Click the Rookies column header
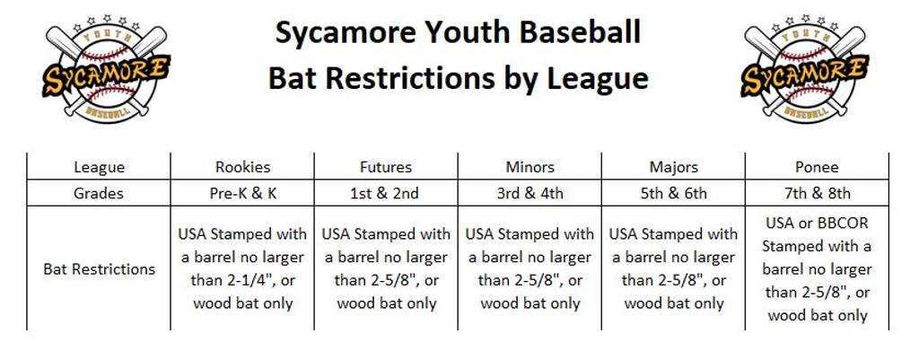pyautogui.click(x=242, y=167)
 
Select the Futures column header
pyautogui.click(x=386, y=167)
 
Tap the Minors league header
pyautogui.click(x=530, y=167)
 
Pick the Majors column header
pyautogui.click(x=673, y=167)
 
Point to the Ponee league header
pyautogui.click(x=817, y=167)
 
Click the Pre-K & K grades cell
pyautogui.click(x=242, y=193)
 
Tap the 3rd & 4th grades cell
pyautogui.click(x=530, y=193)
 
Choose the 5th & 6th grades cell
pyautogui.click(x=673, y=193)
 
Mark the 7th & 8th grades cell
pyautogui.click(x=817, y=193)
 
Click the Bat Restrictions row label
pyautogui.click(x=99, y=269)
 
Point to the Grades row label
pyautogui.click(x=99, y=193)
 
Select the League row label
pyautogui.click(x=99, y=168)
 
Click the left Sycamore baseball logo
pyautogui.click(x=107, y=68)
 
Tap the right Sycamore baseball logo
pyautogui.click(x=805, y=68)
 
